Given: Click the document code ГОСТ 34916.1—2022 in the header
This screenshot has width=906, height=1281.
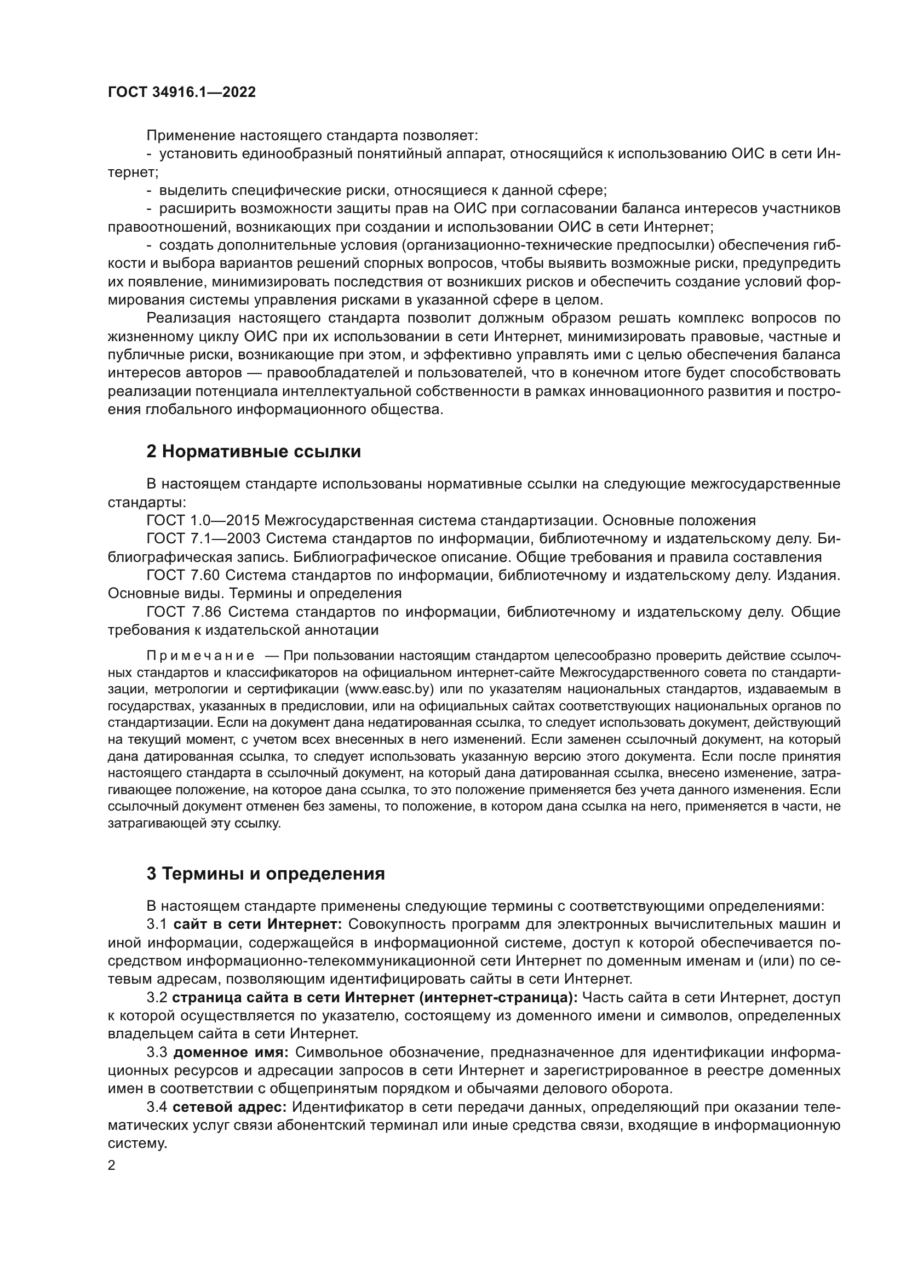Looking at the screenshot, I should (181, 93).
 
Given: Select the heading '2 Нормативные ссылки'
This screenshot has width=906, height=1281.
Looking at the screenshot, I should (253, 451).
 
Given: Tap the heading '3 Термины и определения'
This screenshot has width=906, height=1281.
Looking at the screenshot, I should (266, 873).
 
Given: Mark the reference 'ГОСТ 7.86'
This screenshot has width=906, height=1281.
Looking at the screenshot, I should (184, 612).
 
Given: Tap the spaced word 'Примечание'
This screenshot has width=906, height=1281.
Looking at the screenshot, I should (200, 655).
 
